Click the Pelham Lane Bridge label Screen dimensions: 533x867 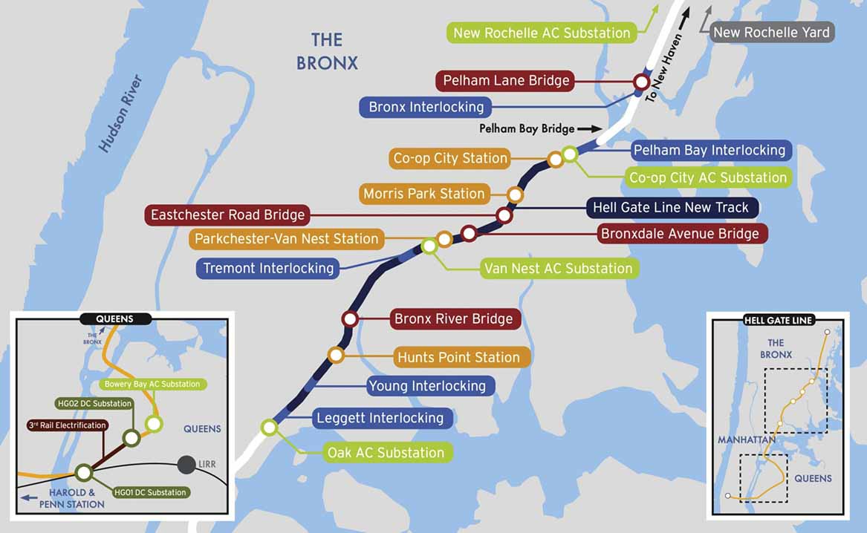506,80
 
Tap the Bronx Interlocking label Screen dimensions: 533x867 426,107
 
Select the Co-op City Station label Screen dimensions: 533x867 450,158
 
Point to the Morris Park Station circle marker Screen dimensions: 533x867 515,194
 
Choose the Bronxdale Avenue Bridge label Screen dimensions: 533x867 680,234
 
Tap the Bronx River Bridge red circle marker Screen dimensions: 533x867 350,319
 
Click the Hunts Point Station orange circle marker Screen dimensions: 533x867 336,356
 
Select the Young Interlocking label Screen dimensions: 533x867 426,386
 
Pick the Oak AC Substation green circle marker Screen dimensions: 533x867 269,428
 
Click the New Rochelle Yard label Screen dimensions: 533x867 770,33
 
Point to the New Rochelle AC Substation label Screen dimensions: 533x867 542,33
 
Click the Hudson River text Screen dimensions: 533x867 120,113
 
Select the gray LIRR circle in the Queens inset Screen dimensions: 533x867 186,465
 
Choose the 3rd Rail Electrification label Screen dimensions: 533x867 67,425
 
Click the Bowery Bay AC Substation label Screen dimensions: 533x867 152,384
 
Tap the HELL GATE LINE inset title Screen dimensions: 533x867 778,320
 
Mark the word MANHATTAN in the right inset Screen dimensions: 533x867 747,440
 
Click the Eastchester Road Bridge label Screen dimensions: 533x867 227,215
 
